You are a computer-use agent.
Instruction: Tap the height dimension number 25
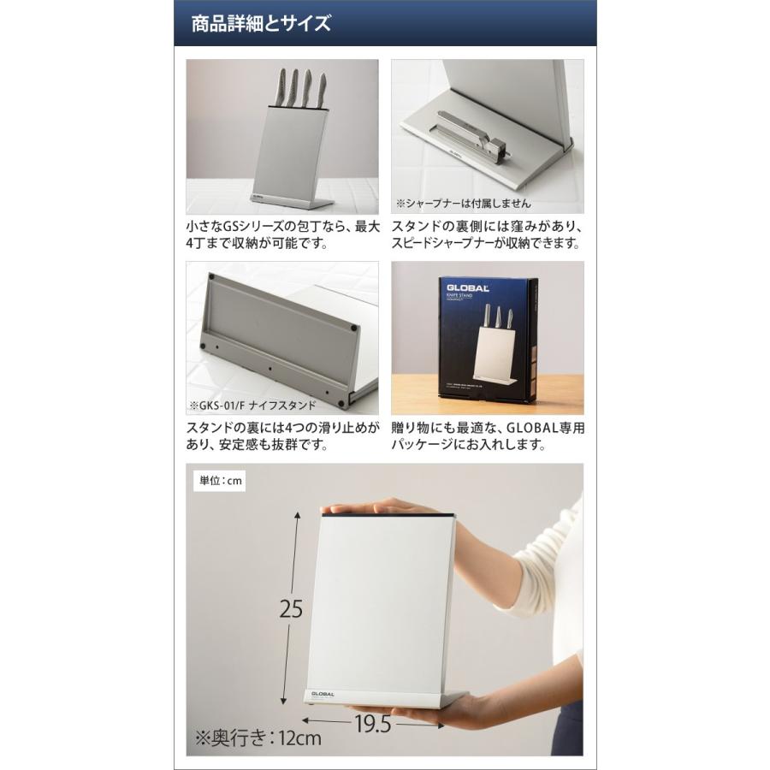(x=292, y=608)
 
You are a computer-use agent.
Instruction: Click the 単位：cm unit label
(x=220, y=481)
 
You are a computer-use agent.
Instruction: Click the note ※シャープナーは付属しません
(x=463, y=204)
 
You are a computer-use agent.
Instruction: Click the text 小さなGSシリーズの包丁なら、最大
(x=282, y=227)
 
